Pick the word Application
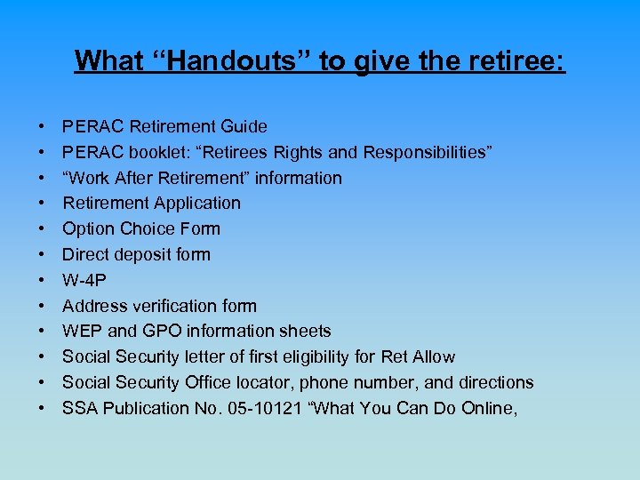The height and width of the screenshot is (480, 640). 196,204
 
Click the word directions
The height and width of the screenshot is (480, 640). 493,382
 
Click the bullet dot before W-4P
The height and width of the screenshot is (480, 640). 43,281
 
